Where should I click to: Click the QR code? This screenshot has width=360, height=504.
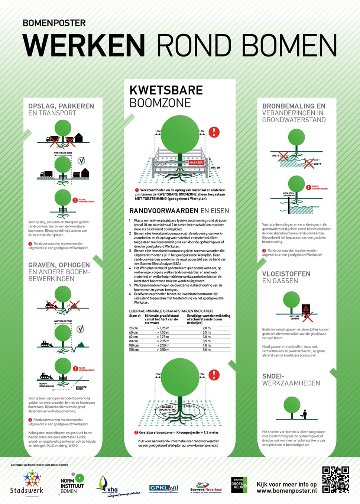click(335, 479)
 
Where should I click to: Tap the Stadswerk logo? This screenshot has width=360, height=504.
click(27, 482)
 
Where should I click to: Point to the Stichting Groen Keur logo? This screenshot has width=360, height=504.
click(239, 485)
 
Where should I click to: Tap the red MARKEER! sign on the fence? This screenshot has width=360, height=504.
click(196, 162)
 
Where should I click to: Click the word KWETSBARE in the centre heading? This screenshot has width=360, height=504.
click(166, 90)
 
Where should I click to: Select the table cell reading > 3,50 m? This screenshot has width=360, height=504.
click(163, 350)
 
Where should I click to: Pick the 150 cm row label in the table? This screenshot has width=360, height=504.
click(134, 350)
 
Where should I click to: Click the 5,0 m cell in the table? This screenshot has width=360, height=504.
click(207, 350)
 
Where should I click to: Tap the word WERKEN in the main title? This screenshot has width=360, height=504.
click(84, 45)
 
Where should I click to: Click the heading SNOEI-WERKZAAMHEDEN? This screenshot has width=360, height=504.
click(291, 379)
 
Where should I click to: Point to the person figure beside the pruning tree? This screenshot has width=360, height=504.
click(305, 414)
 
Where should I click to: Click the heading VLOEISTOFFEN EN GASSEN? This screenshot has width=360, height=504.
click(286, 277)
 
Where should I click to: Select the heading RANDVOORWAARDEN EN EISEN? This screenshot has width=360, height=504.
click(179, 211)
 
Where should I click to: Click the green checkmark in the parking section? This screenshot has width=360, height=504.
click(81, 161)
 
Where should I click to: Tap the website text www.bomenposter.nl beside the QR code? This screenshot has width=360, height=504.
click(286, 491)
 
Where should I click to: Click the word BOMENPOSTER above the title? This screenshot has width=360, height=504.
click(54, 23)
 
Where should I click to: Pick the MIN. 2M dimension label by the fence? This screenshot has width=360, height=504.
click(215, 168)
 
